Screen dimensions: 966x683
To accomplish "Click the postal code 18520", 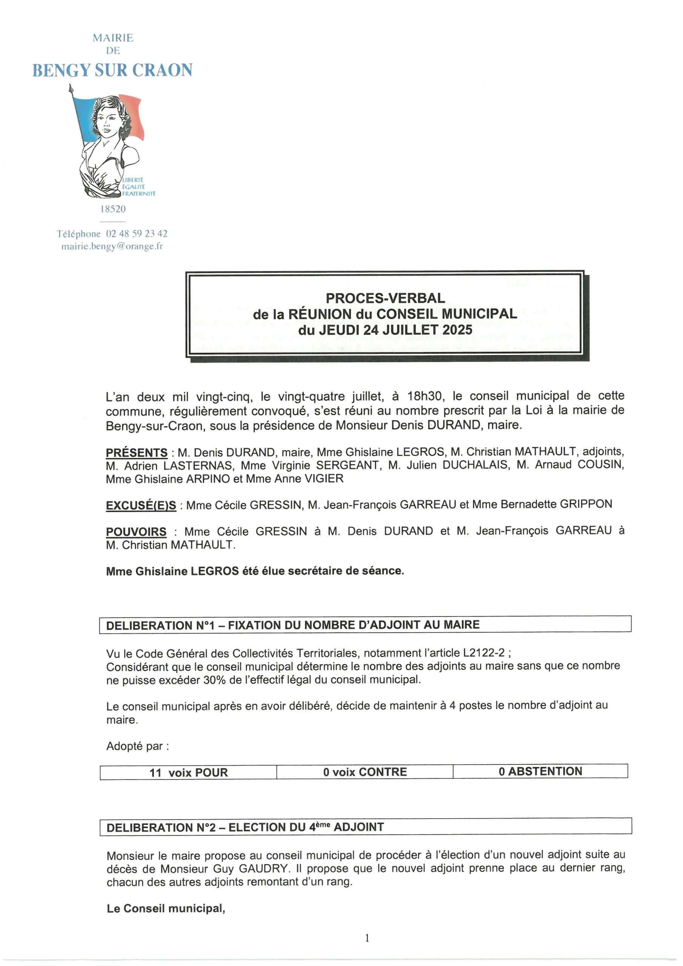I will tap(112, 209).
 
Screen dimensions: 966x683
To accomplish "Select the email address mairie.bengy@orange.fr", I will tap(112, 246).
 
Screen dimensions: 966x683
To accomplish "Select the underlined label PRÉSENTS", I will tap(136, 453).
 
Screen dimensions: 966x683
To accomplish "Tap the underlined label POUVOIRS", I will tap(136, 532).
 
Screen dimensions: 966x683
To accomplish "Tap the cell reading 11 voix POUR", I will tap(188, 772).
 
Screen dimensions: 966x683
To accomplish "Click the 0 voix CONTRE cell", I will tap(365, 772).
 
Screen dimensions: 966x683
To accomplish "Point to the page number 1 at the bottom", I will tap(367, 938).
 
